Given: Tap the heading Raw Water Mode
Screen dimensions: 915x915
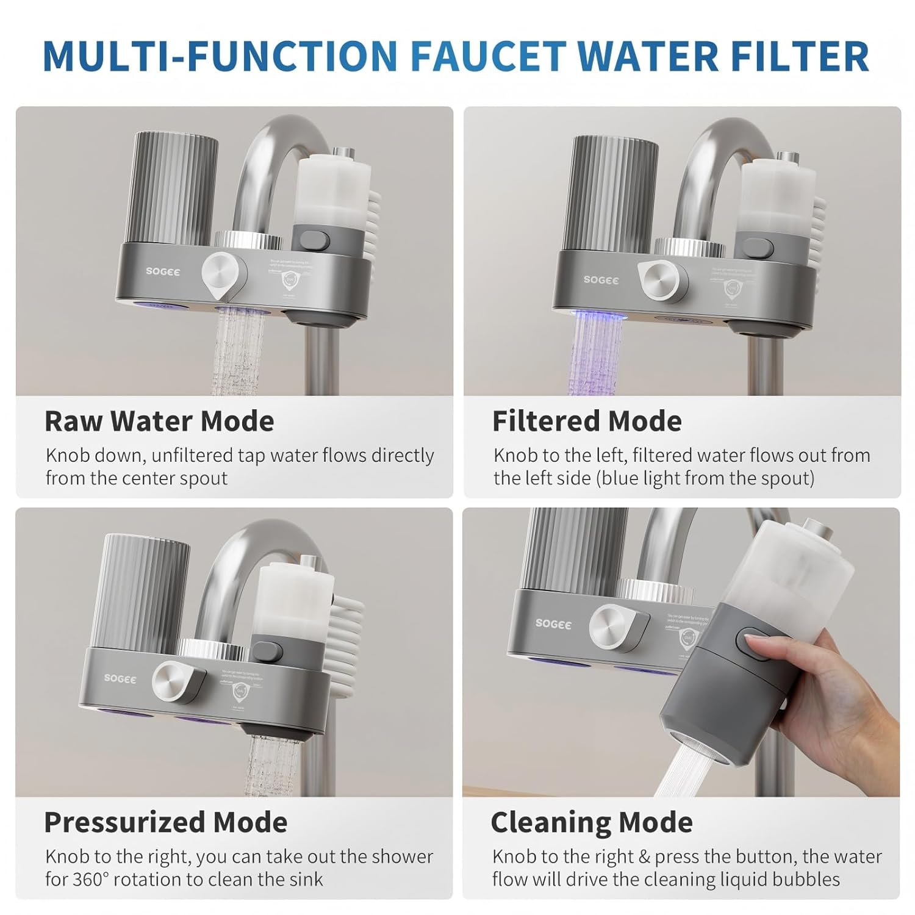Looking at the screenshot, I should tap(159, 422).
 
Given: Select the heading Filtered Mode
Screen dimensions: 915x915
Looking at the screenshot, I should tap(587, 422).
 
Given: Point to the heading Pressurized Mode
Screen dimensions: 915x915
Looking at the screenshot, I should tap(165, 822).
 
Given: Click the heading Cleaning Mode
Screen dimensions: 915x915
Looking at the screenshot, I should tap(591, 822).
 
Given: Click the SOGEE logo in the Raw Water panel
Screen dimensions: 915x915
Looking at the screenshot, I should tap(163, 271).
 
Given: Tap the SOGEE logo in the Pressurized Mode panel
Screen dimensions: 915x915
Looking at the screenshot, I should tap(120, 678).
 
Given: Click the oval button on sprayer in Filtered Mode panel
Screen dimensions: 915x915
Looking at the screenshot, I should tap(756, 250).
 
